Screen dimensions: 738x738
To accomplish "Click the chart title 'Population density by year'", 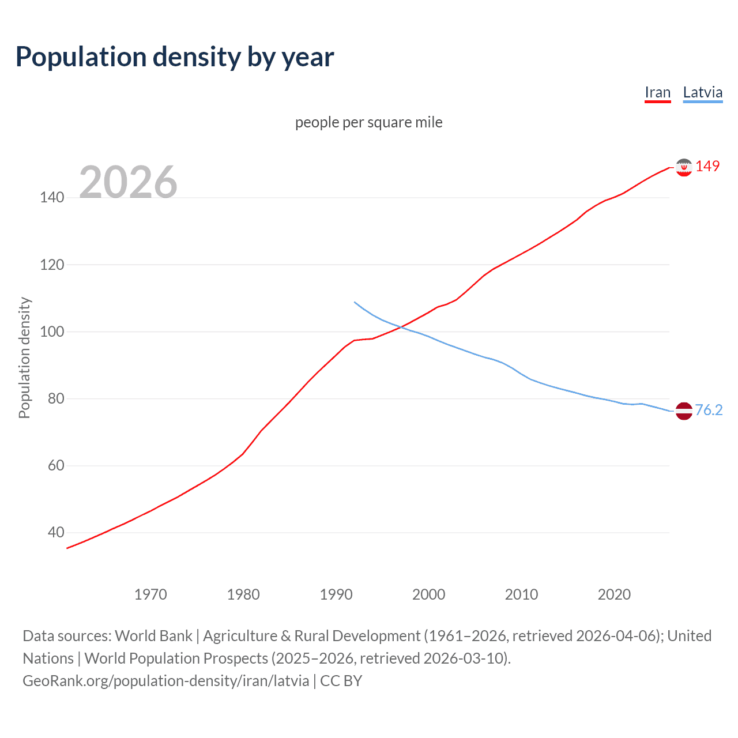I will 175,57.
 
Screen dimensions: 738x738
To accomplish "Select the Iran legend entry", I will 657,92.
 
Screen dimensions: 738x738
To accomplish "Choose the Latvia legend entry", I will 702,92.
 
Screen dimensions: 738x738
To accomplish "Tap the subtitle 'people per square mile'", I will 368,122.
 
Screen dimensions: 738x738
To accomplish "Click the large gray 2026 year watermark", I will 128,182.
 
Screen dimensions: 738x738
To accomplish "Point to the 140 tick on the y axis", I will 52,198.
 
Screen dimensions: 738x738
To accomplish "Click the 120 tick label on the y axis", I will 52,265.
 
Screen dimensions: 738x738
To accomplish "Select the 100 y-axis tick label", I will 52,332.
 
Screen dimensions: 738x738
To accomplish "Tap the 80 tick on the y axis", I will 55,398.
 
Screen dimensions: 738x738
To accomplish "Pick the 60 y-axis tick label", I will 55,465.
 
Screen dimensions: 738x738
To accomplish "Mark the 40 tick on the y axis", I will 55,532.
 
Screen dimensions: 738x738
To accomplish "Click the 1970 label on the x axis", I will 150,594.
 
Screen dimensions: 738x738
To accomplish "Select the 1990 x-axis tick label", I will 336,594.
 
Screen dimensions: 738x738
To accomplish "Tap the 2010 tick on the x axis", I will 521,594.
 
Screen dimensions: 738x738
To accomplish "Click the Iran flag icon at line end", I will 684,167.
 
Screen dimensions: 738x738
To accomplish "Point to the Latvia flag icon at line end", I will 684,411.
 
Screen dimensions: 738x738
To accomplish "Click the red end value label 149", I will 707,166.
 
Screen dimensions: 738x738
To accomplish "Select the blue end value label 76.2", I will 709,410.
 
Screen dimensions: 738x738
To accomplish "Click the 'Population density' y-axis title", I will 24,357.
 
